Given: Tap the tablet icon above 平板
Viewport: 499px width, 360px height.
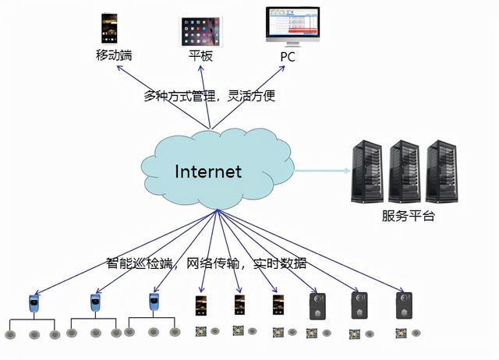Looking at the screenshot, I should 200,30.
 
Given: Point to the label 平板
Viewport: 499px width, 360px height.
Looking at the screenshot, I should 200,57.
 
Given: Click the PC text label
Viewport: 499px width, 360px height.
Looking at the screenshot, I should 289,57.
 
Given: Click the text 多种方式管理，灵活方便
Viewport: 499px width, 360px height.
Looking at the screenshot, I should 210,97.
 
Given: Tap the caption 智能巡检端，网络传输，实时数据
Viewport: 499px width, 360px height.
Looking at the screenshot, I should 207,263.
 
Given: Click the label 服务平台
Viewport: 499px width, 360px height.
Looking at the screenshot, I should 409,216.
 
